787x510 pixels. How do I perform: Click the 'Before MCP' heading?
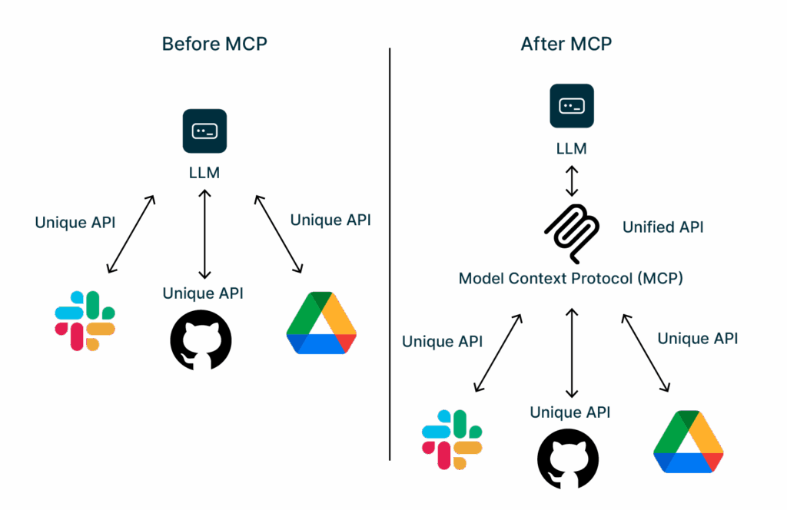[214, 45]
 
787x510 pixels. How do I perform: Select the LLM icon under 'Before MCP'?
[204, 131]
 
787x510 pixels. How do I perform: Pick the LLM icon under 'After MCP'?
[572, 106]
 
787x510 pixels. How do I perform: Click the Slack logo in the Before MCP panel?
[85, 321]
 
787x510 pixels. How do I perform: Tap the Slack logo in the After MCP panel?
[452, 439]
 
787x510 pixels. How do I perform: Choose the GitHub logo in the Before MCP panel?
[201, 339]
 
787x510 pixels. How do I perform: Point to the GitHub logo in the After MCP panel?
[568, 459]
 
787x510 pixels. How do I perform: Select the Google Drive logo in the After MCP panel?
[689, 442]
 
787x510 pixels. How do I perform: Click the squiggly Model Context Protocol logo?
[572, 233]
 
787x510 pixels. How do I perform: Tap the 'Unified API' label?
[662, 227]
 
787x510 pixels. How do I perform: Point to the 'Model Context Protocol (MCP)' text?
[571, 278]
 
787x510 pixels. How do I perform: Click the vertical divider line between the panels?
[390, 253]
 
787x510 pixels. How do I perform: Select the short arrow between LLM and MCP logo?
[572, 180]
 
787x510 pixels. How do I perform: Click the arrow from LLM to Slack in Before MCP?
[131, 234]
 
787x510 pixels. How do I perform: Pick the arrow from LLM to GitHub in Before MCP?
[204, 234]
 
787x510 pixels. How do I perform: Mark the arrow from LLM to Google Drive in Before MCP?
[278, 234]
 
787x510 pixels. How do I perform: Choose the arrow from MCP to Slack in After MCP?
[498, 353]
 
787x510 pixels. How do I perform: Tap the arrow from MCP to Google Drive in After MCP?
[646, 353]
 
